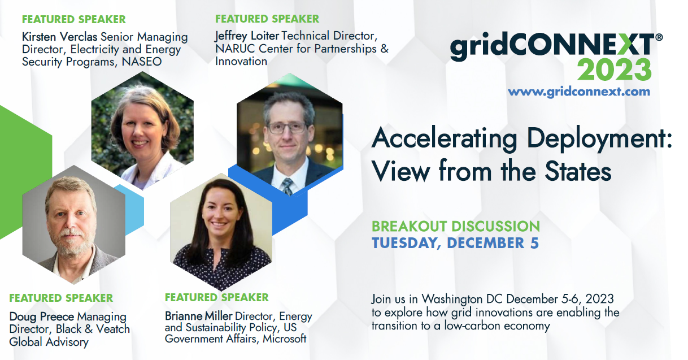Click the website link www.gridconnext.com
coord(579,92)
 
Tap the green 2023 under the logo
coord(615,70)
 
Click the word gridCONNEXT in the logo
coord(552,47)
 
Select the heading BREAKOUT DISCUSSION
coord(455,226)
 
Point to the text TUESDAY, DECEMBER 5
coord(455,243)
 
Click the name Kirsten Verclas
coord(59,37)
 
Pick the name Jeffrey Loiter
coord(247,36)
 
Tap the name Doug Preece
coord(42,316)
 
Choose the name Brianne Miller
coord(198,316)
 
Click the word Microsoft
coord(285,339)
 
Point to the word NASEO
coord(142,62)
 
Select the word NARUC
coord(235,49)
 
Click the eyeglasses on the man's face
coord(287,128)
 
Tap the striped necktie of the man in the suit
coord(288,185)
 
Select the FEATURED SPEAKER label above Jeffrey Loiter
coord(267,19)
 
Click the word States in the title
coord(578,171)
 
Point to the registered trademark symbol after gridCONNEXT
coord(659,37)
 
